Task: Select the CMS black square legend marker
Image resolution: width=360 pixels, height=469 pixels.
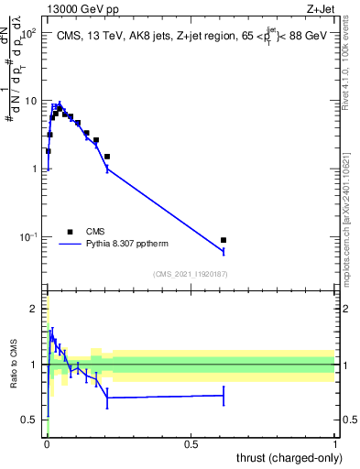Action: point(70,232)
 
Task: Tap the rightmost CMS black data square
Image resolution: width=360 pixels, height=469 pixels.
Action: point(224,240)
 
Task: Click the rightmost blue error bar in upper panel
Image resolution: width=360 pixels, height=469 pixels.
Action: point(224,250)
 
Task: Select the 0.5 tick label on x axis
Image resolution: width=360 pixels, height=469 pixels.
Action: point(191,444)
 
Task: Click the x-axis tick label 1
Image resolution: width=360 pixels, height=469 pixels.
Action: point(335,444)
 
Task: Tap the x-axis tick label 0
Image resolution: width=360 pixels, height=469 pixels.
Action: point(47,444)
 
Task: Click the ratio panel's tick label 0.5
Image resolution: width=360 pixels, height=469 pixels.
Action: point(31,420)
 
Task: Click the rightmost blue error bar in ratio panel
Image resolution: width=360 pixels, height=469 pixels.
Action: point(224,396)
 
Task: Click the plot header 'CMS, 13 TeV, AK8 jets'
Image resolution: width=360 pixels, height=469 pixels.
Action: point(106,36)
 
